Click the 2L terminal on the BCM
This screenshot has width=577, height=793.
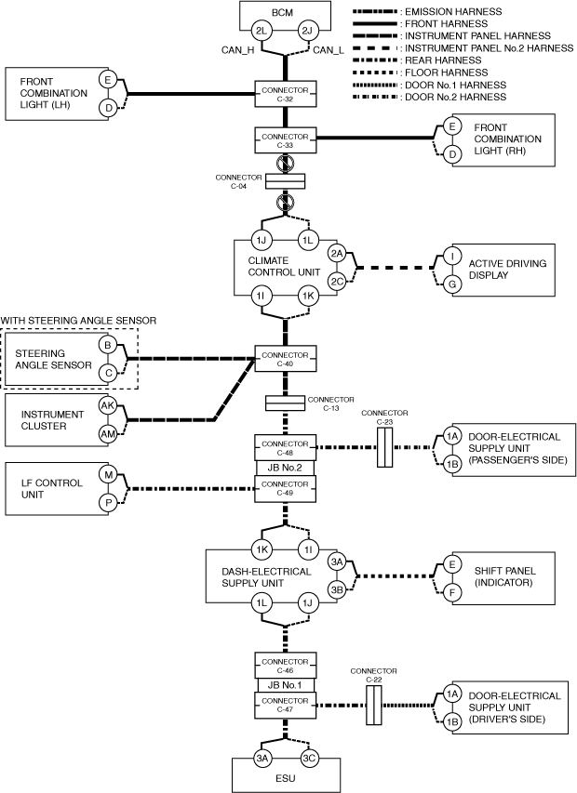point(263,32)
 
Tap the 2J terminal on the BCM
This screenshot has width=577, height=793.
point(308,32)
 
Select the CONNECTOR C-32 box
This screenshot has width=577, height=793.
point(286,92)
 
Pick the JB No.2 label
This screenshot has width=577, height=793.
point(286,468)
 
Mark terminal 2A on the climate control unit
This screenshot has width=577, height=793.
point(337,253)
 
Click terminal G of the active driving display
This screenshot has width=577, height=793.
point(451,282)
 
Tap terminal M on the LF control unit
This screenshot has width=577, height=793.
point(109,474)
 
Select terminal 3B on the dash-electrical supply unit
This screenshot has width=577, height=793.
point(337,588)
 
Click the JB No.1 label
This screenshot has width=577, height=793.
point(286,685)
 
